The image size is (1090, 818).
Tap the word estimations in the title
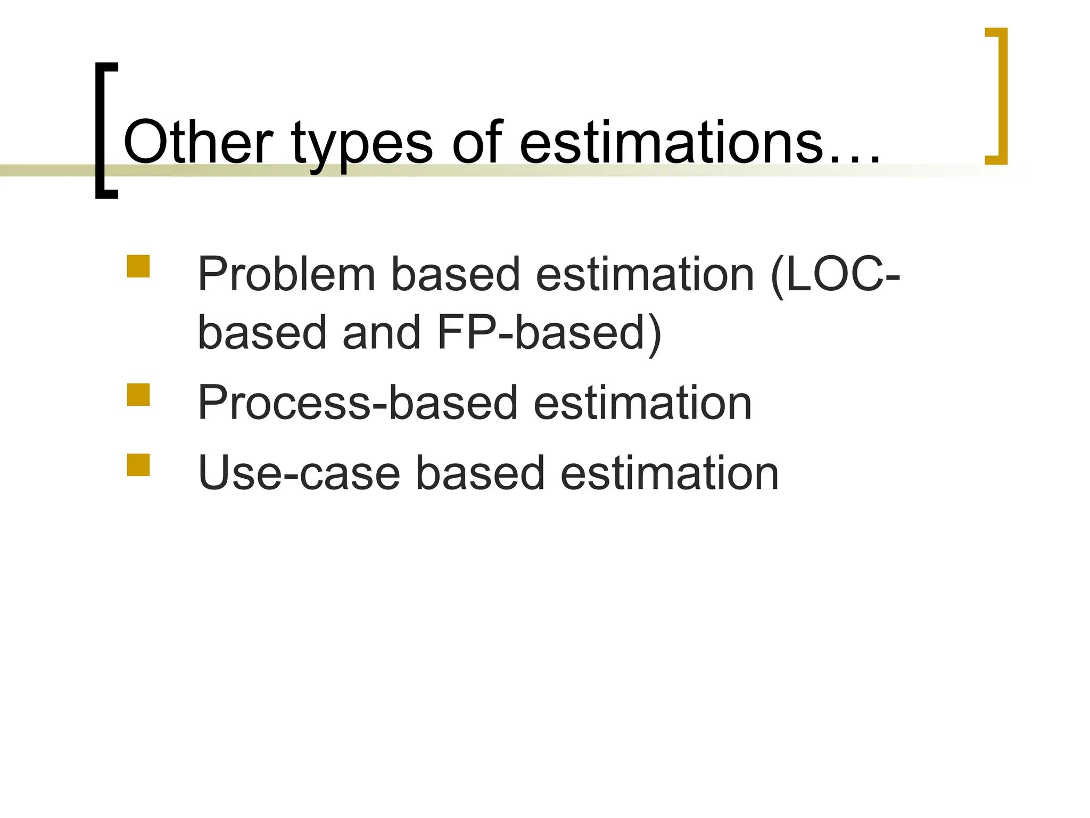671,142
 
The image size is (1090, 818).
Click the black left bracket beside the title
105,130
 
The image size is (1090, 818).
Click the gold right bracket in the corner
997,96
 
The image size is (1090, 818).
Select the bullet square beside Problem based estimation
138,266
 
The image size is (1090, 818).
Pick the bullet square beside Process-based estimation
138,395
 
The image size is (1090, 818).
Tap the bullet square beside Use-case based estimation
138,464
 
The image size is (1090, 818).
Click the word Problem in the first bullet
287,275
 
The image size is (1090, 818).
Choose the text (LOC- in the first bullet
835,276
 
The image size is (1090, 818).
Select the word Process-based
357,403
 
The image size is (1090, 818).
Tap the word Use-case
299,473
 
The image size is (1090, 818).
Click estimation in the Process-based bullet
642,403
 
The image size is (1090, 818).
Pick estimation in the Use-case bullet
670,473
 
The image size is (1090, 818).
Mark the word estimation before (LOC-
645,275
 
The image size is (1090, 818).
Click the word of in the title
477,142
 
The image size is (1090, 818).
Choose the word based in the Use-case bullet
480,473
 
